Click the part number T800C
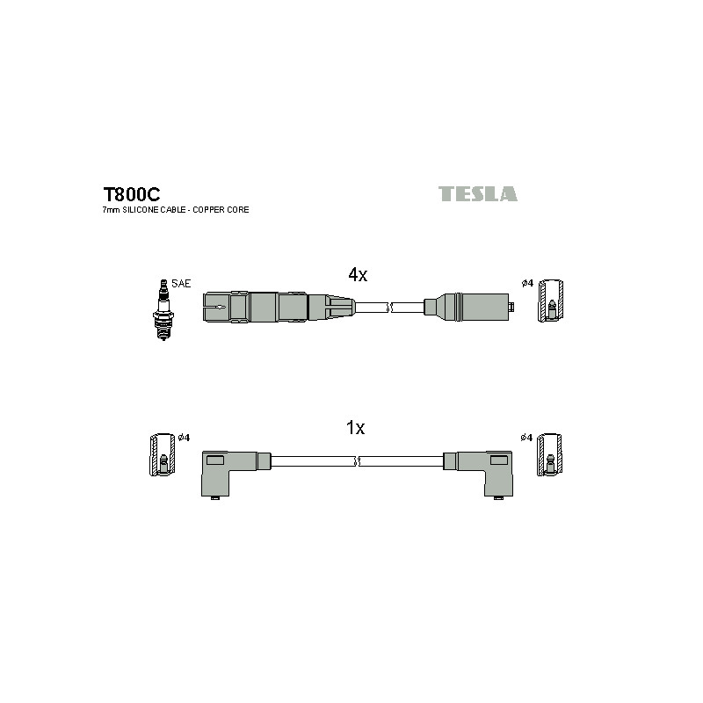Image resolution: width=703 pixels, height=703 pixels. click(131, 194)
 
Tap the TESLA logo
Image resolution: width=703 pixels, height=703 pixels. click(477, 193)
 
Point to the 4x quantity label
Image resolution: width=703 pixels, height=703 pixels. click(358, 275)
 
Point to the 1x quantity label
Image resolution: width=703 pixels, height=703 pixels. click(356, 428)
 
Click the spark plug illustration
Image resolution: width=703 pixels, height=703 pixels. click(163, 310)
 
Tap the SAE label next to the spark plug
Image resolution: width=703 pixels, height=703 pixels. click(181, 284)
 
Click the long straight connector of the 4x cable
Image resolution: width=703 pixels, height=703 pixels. click(279, 307)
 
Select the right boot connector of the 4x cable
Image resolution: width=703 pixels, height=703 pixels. click(469, 307)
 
